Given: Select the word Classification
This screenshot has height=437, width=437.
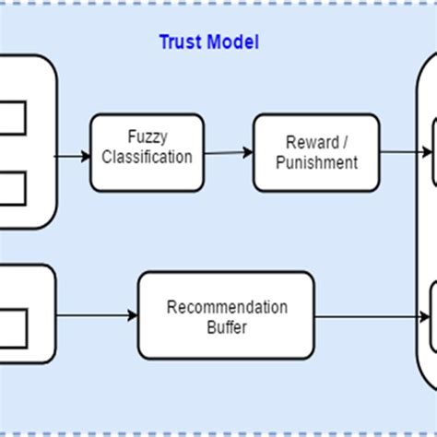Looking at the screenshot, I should point(148,156).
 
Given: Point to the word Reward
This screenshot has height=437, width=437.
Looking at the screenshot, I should point(305,143).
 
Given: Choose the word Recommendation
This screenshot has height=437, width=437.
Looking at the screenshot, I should point(227,307).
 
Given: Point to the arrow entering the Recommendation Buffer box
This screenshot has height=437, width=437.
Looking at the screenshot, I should point(97,316).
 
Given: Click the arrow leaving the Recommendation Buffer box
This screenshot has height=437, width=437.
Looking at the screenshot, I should point(373,316).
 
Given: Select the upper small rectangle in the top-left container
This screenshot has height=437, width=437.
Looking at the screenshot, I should point(11,118).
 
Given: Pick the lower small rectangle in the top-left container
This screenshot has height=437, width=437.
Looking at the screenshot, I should point(11,188).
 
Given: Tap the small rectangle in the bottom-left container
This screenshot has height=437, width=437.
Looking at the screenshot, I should point(11,324).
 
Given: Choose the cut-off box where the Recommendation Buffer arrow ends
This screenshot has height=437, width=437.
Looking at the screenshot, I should point(432,316).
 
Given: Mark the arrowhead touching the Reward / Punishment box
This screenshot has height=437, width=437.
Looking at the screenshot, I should point(248,153).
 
